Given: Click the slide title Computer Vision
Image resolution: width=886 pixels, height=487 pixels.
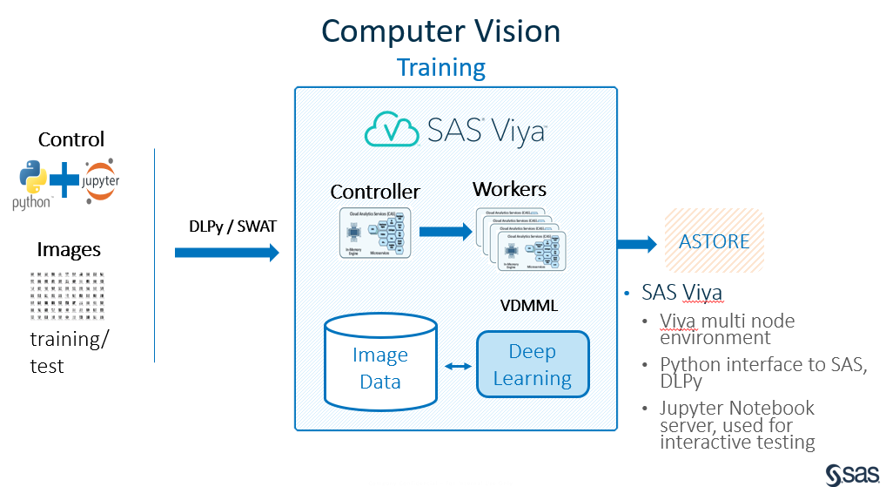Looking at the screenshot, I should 440,31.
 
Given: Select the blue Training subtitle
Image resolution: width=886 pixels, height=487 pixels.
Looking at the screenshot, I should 441,68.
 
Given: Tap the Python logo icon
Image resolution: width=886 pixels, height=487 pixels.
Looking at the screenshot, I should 32,180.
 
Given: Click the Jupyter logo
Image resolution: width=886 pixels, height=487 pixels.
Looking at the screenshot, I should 103,180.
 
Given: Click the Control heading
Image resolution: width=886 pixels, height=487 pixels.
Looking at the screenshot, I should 70,139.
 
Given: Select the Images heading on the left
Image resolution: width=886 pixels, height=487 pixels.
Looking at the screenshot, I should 69,250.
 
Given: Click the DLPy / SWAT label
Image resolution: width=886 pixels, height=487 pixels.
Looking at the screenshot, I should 227,226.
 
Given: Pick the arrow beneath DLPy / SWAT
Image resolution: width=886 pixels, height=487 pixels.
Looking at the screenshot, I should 226,253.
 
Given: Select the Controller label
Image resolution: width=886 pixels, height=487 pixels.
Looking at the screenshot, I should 375,192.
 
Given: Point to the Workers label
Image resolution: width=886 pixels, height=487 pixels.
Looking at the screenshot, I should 509,189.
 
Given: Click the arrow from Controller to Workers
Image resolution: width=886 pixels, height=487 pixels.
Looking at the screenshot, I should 444,232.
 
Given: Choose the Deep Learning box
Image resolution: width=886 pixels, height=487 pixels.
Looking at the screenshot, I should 533,365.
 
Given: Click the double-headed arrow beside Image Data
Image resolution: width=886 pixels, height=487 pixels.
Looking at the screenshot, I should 456,367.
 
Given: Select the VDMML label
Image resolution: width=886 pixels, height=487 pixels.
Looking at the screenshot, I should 528,306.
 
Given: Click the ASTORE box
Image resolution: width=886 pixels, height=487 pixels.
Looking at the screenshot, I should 714,241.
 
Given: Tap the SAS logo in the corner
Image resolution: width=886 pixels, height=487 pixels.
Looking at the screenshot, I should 851,473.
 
